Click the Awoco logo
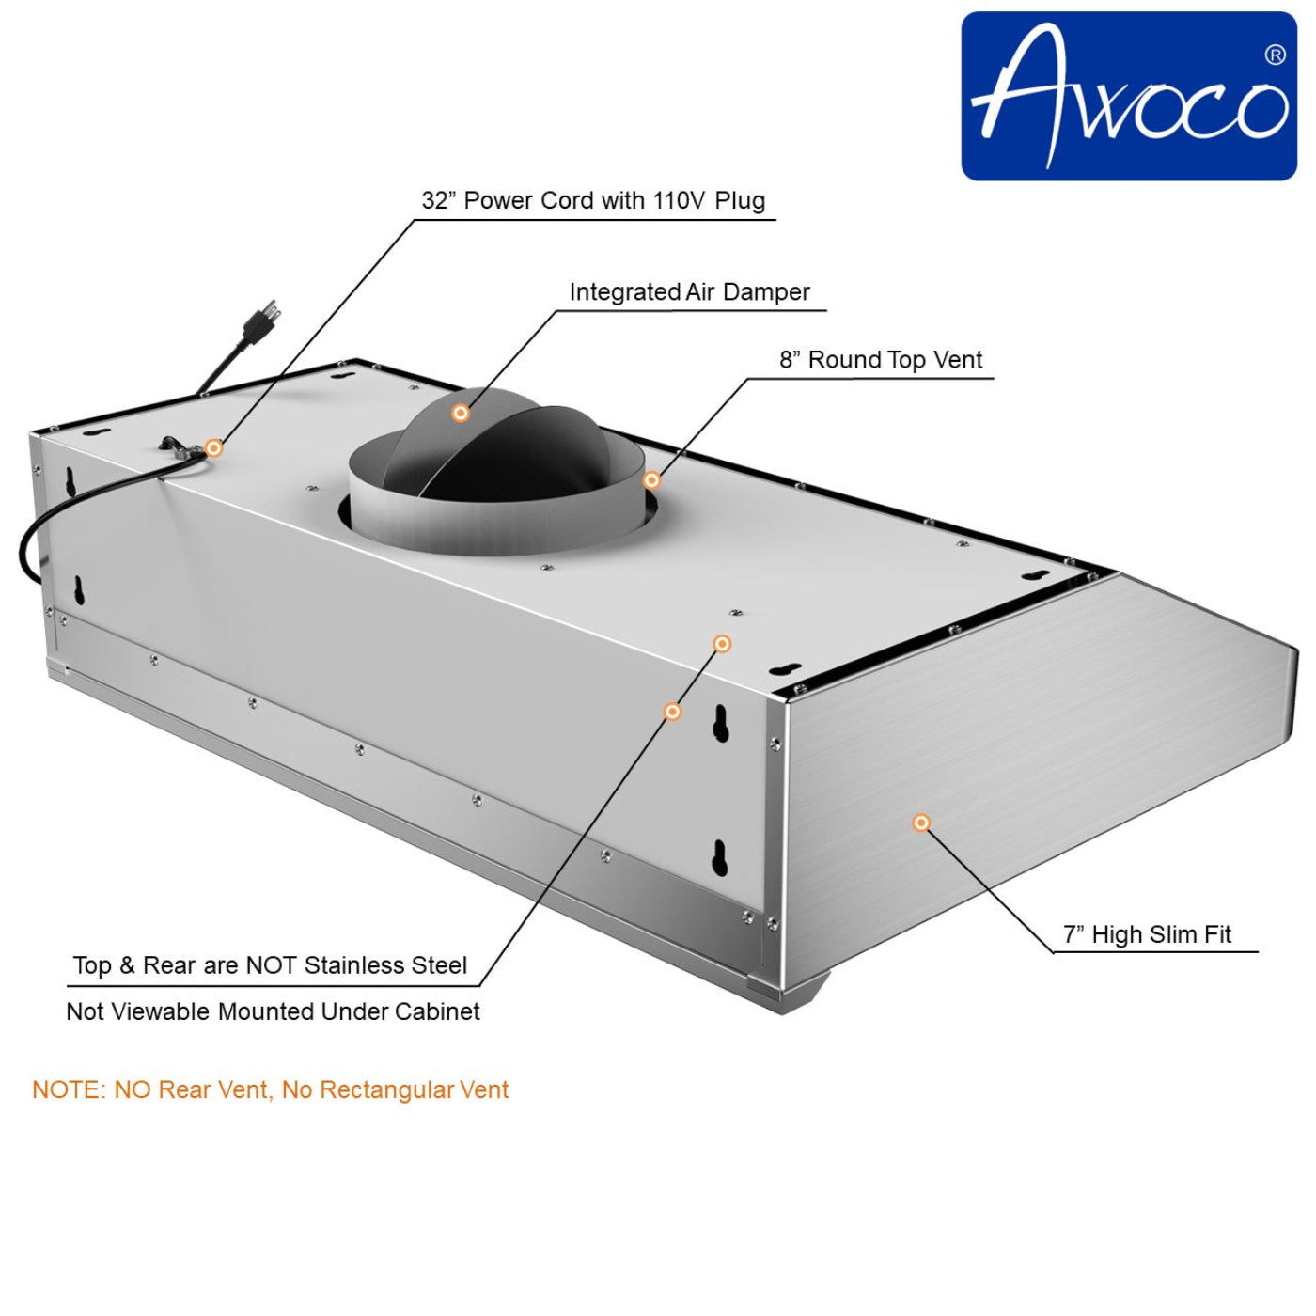click(1128, 96)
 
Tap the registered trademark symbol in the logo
click(1275, 55)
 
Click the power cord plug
click(260, 320)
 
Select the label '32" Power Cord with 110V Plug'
click(593, 201)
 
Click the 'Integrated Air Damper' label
click(689, 292)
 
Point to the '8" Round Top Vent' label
click(880, 360)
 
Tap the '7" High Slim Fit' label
click(1147, 934)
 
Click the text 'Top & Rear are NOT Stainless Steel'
click(271, 965)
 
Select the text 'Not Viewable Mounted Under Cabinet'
click(273, 1011)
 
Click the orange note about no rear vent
click(271, 1089)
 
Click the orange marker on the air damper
click(461, 413)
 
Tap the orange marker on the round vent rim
click(651, 480)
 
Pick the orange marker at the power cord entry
click(214, 447)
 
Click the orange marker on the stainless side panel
click(921, 822)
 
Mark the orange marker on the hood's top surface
click(722, 643)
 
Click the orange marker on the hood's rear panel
click(672, 712)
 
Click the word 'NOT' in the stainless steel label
click(272, 965)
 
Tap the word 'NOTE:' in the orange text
click(70, 1089)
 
